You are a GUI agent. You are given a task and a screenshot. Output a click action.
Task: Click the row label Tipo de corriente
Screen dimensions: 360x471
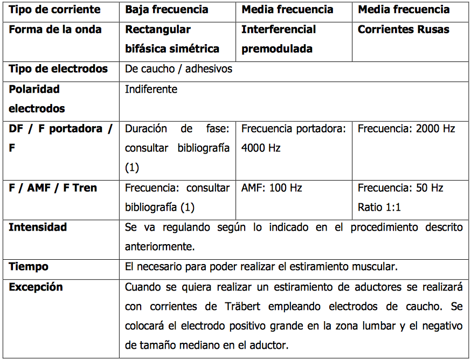(x=54, y=10)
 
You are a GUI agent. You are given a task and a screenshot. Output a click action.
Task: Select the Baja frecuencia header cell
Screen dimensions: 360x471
(x=167, y=10)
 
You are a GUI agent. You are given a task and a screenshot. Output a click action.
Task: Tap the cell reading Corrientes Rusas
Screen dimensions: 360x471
(x=403, y=30)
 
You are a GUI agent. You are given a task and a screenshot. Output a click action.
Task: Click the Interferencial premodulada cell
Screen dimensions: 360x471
(x=278, y=39)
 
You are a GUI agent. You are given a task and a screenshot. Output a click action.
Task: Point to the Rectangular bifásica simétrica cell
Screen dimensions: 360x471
(x=172, y=39)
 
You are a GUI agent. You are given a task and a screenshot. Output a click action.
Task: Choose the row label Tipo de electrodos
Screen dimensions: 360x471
(x=58, y=69)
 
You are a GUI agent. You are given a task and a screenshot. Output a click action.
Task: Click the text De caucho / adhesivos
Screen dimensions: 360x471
(x=178, y=69)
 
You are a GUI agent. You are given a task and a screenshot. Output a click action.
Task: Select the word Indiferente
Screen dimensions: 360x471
(x=151, y=89)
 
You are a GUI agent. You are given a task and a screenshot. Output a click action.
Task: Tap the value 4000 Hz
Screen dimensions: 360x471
(x=261, y=148)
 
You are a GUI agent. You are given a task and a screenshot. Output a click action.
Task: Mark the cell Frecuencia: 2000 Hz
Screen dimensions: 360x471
(x=406, y=128)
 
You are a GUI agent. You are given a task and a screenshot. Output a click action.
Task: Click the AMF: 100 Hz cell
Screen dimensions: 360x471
(x=272, y=188)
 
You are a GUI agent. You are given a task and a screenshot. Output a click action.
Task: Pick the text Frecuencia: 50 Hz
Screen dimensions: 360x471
(x=400, y=188)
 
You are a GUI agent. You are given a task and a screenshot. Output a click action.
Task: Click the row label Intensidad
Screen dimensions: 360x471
(x=38, y=227)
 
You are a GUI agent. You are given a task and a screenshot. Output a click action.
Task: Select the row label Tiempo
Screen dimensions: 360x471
(x=29, y=266)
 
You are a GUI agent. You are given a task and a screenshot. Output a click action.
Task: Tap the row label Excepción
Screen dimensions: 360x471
(x=36, y=287)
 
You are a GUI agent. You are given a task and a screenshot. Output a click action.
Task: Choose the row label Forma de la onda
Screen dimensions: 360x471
(x=55, y=30)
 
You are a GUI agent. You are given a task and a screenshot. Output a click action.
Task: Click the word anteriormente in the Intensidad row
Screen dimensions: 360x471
(x=159, y=247)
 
